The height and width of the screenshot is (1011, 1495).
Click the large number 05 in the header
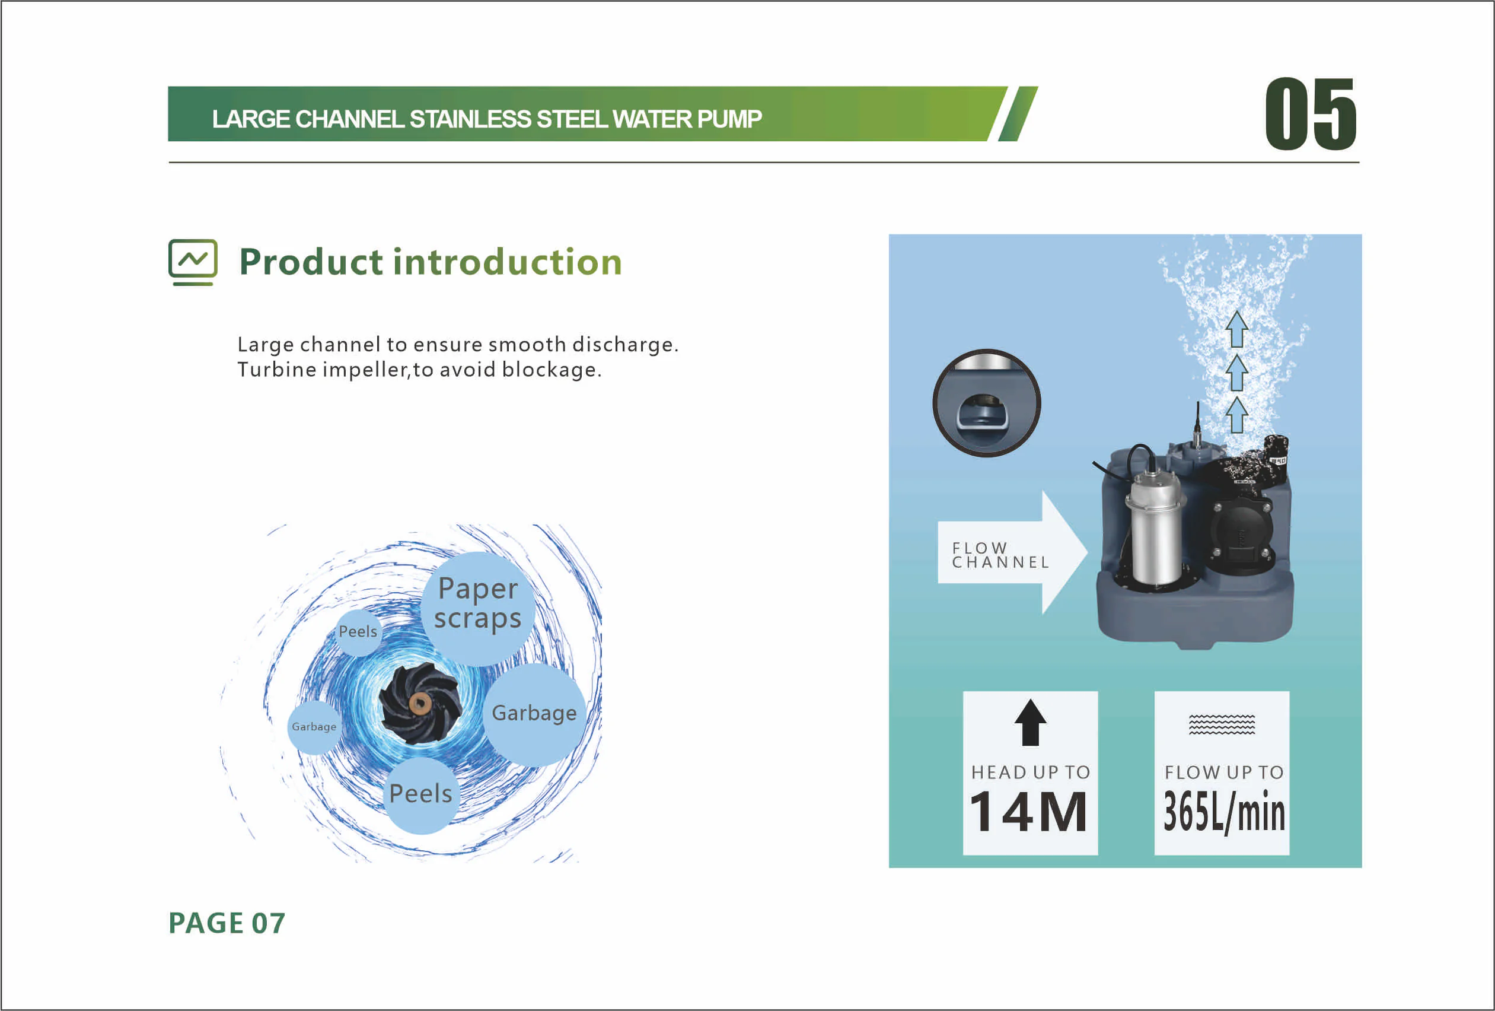(x=1311, y=114)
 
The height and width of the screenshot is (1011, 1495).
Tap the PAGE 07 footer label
(x=227, y=923)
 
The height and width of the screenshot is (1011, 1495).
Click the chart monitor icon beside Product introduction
(x=193, y=262)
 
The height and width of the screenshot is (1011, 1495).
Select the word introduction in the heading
(x=508, y=262)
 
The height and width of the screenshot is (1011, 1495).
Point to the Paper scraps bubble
(x=478, y=608)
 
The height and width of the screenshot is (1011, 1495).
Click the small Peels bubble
(x=358, y=631)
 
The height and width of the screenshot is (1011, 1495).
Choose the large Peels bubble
(x=420, y=794)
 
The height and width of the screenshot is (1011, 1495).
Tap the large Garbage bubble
(x=534, y=714)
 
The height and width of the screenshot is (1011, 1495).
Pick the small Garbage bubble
(x=314, y=727)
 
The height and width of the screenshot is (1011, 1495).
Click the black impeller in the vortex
(x=420, y=702)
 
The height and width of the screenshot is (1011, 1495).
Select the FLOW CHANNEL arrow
(x=1012, y=552)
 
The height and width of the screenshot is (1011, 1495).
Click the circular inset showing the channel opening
(x=986, y=403)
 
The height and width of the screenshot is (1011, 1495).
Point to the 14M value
(x=1029, y=812)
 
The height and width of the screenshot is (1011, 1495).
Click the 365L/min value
(x=1223, y=812)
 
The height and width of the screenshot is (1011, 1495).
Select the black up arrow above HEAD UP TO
(x=1031, y=722)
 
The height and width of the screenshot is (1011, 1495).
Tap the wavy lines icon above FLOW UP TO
(x=1222, y=724)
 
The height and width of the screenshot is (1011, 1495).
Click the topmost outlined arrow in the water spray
(x=1236, y=329)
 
